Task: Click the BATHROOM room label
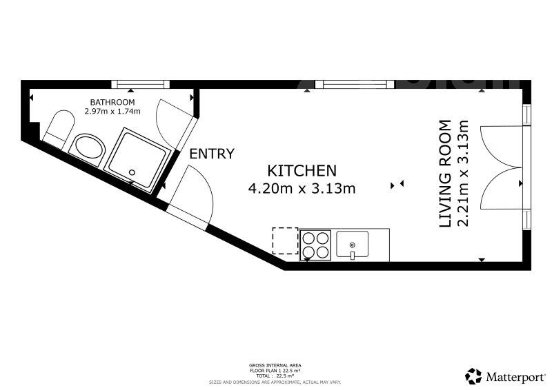coord(112,103)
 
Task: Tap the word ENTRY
coord(212,154)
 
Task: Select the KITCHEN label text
coord(302,171)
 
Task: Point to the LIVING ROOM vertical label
coord(445,174)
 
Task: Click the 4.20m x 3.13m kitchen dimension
coord(302,189)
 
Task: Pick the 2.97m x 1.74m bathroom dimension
coord(112,112)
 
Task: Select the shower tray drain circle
coord(132,172)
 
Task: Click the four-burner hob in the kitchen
coord(315,245)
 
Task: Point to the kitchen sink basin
coord(353,244)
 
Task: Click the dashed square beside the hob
coord(285,241)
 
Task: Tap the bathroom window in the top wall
coord(141,84)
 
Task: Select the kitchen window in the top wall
coord(355,84)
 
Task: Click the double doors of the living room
coord(502,167)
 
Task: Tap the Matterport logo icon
coord(473,376)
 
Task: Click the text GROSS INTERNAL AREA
coord(275,366)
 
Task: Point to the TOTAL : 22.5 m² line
coord(275,376)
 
